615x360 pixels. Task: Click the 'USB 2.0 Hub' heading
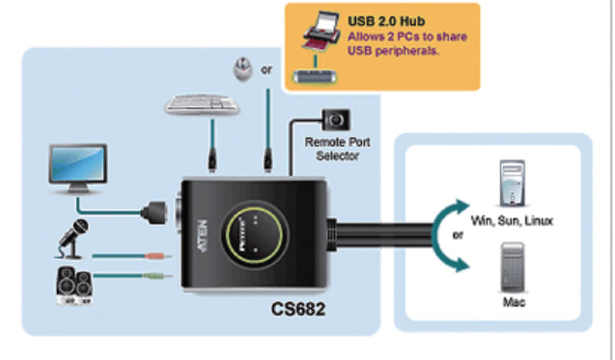click(387, 22)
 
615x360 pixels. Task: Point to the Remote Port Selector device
click(335, 120)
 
